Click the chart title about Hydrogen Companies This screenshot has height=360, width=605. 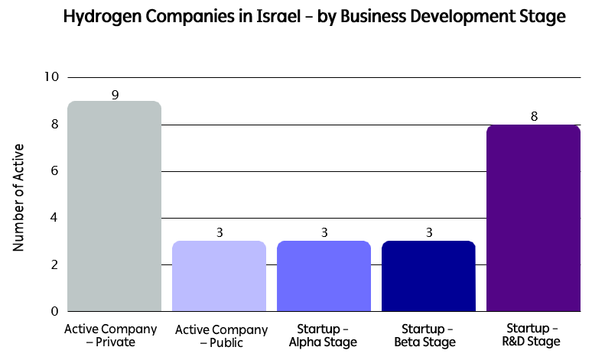tap(302, 17)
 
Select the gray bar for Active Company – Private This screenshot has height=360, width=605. tap(115, 206)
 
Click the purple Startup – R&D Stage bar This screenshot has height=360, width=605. tap(533, 219)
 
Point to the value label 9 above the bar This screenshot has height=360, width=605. tap(115, 95)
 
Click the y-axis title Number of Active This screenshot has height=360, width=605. tap(19, 196)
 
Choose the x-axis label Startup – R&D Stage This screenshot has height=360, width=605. tap(533, 335)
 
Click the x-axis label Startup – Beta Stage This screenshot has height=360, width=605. tap(428, 335)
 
